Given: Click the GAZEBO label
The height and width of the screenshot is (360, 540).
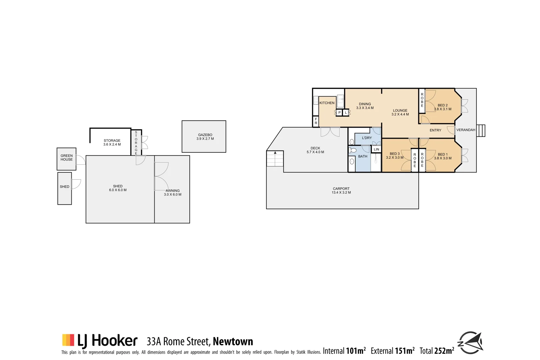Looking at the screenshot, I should click(x=205, y=135).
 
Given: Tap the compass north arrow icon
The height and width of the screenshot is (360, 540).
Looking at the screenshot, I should click(x=470, y=343).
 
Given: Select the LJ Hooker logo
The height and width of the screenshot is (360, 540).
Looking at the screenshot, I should click(x=100, y=341).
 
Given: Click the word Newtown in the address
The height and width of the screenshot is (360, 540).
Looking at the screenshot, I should click(x=233, y=342).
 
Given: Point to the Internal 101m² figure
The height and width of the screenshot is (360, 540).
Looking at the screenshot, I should click(x=344, y=351).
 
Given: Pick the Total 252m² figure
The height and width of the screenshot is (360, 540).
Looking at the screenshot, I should click(x=437, y=351).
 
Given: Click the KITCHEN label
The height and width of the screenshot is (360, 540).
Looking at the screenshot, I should click(x=327, y=103).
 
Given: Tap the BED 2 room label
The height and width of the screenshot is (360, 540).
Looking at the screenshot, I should click(x=442, y=105).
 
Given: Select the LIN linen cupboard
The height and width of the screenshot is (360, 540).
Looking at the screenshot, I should click(x=376, y=149).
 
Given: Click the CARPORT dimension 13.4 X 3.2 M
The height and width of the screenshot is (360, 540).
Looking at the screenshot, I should click(x=341, y=193).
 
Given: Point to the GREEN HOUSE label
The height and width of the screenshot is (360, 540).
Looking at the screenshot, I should click(x=66, y=158).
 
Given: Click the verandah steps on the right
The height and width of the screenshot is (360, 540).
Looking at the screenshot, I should click(x=481, y=131).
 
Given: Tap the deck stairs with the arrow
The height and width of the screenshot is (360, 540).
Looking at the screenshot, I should click(x=275, y=159).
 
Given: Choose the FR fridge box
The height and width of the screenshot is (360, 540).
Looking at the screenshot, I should click(x=316, y=121).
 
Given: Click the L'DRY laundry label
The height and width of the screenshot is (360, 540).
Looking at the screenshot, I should click(x=367, y=138).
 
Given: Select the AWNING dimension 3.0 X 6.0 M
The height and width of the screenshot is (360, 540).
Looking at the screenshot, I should click(x=172, y=195).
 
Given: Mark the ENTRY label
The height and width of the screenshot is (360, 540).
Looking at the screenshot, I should click(x=435, y=130).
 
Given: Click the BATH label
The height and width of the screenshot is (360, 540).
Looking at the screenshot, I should click(x=363, y=156).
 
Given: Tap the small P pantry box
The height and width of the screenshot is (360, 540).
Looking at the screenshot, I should click(x=339, y=113).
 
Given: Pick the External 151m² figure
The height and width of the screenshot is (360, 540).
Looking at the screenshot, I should click(x=392, y=351).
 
